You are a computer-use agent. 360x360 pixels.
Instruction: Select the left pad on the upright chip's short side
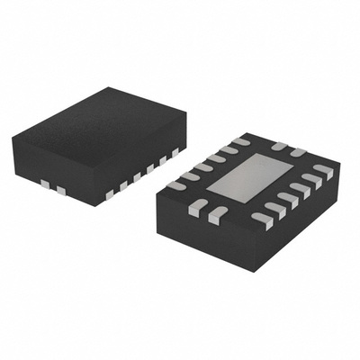click(x=43, y=184)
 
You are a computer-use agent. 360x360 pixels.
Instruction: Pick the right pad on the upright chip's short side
click(x=61, y=190)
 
